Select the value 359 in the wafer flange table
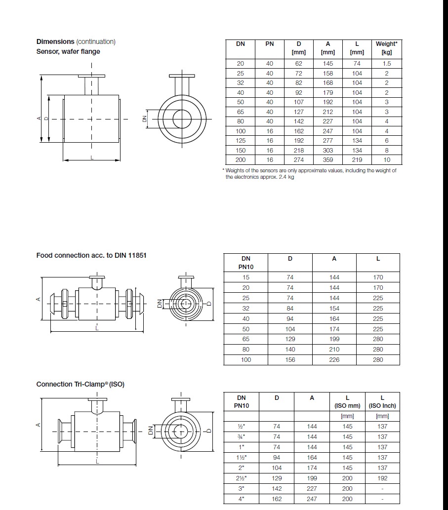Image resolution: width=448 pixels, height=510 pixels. click(327, 160)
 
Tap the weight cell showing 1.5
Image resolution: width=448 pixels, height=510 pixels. click(386, 64)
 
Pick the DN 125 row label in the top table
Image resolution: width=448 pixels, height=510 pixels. click(240, 141)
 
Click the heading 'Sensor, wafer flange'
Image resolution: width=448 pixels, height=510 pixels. click(68, 51)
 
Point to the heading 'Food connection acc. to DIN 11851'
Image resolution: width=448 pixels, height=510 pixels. click(91, 255)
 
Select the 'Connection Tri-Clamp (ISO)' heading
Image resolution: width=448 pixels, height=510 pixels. click(81, 384)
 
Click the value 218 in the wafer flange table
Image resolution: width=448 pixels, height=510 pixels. click(299, 150)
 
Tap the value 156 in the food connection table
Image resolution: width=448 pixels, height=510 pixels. click(290, 360)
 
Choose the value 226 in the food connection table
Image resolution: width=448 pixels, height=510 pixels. click(334, 360)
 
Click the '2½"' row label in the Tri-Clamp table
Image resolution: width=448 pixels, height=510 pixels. click(241, 478)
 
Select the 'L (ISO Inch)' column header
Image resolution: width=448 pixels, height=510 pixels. click(382, 401)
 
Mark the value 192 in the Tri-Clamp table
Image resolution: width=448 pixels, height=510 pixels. click(382, 478)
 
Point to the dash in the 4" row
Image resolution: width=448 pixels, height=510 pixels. click(382, 499)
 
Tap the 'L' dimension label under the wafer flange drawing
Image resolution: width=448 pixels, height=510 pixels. click(92, 157)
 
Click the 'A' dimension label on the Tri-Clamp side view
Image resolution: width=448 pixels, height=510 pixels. click(39, 425)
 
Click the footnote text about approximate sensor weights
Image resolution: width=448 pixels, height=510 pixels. click(310, 174)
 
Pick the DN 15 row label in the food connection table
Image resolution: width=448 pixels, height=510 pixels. click(246, 277)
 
